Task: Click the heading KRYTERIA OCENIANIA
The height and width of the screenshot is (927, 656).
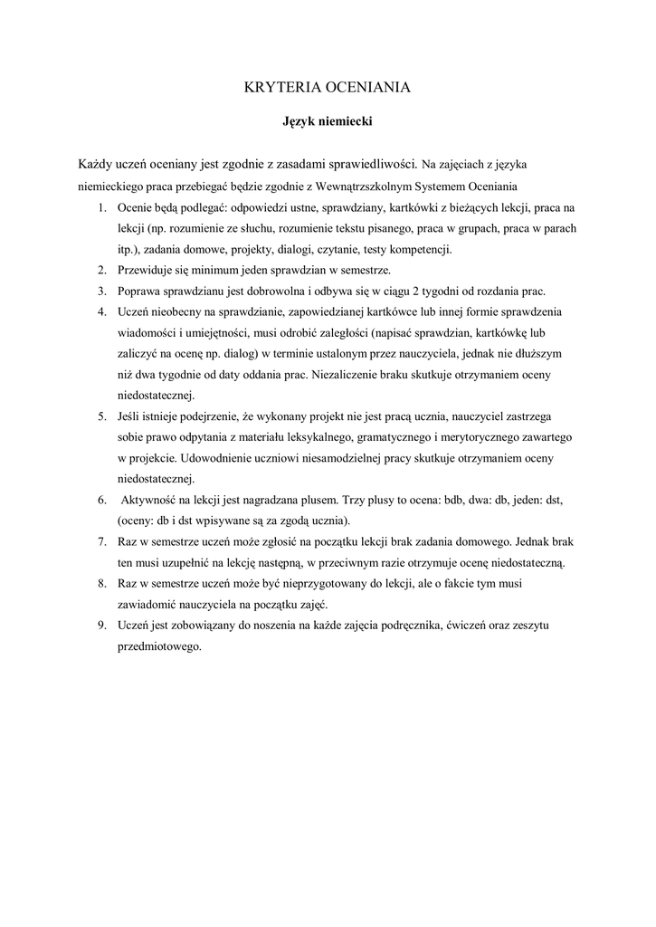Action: pyautogui.click(x=328, y=88)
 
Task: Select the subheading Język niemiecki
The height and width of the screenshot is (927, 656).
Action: pyautogui.click(x=328, y=119)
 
